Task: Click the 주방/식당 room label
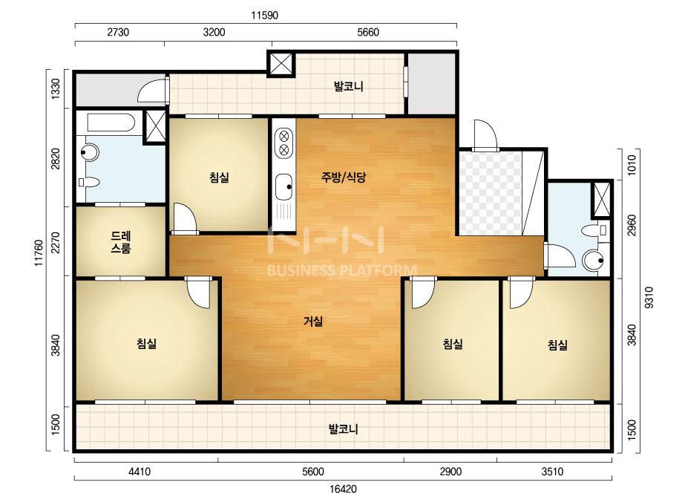(344, 177)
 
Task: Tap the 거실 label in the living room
(313, 322)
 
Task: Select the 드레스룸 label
(120, 242)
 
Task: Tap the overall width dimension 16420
(343, 489)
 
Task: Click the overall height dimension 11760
(40, 252)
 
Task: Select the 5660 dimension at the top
(368, 33)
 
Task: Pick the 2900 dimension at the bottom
(450, 472)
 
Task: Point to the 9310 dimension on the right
(649, 297)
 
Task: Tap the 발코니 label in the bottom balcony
(344, 428)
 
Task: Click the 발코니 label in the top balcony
(349, 86)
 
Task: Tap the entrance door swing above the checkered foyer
(485, 134)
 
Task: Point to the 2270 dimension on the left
(56, 243)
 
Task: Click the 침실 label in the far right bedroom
(557, 345)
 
